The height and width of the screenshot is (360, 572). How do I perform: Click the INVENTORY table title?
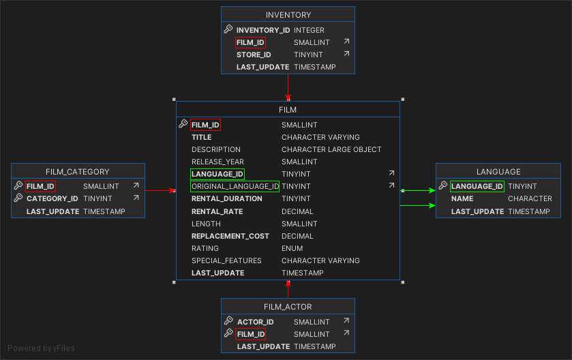288,14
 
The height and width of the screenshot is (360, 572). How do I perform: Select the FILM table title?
288,109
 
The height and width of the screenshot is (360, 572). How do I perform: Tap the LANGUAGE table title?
498,172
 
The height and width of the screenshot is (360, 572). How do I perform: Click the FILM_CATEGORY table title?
78,172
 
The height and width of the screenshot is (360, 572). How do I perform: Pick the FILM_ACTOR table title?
288,307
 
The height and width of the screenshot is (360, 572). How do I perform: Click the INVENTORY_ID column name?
263,30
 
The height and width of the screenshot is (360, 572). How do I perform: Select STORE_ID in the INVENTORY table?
254,55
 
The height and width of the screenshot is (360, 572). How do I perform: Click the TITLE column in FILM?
201,137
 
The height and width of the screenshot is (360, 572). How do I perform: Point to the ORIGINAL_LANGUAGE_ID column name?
235,186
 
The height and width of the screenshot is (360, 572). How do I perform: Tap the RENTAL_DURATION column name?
226,198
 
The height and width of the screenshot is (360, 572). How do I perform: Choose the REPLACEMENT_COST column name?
230,236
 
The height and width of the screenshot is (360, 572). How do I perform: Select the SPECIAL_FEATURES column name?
226,260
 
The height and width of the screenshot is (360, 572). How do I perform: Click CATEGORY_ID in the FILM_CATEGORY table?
52,198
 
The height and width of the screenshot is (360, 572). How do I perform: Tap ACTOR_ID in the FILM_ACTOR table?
255,322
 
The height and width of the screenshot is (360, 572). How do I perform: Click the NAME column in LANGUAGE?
462,198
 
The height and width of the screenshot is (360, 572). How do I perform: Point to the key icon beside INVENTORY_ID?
228,30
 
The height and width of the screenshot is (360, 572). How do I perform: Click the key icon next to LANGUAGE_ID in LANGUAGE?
443,186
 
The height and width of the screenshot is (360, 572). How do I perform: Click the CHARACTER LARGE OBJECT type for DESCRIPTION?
331,149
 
